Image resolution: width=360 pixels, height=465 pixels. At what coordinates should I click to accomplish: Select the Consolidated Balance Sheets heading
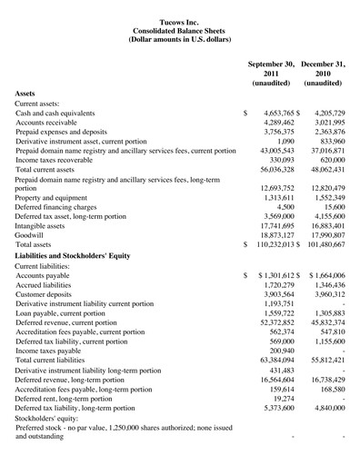pyautogui.click(x=180, y=30)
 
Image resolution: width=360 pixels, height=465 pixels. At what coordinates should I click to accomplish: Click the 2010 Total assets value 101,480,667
pyautogui.click(x=329, y=244)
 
